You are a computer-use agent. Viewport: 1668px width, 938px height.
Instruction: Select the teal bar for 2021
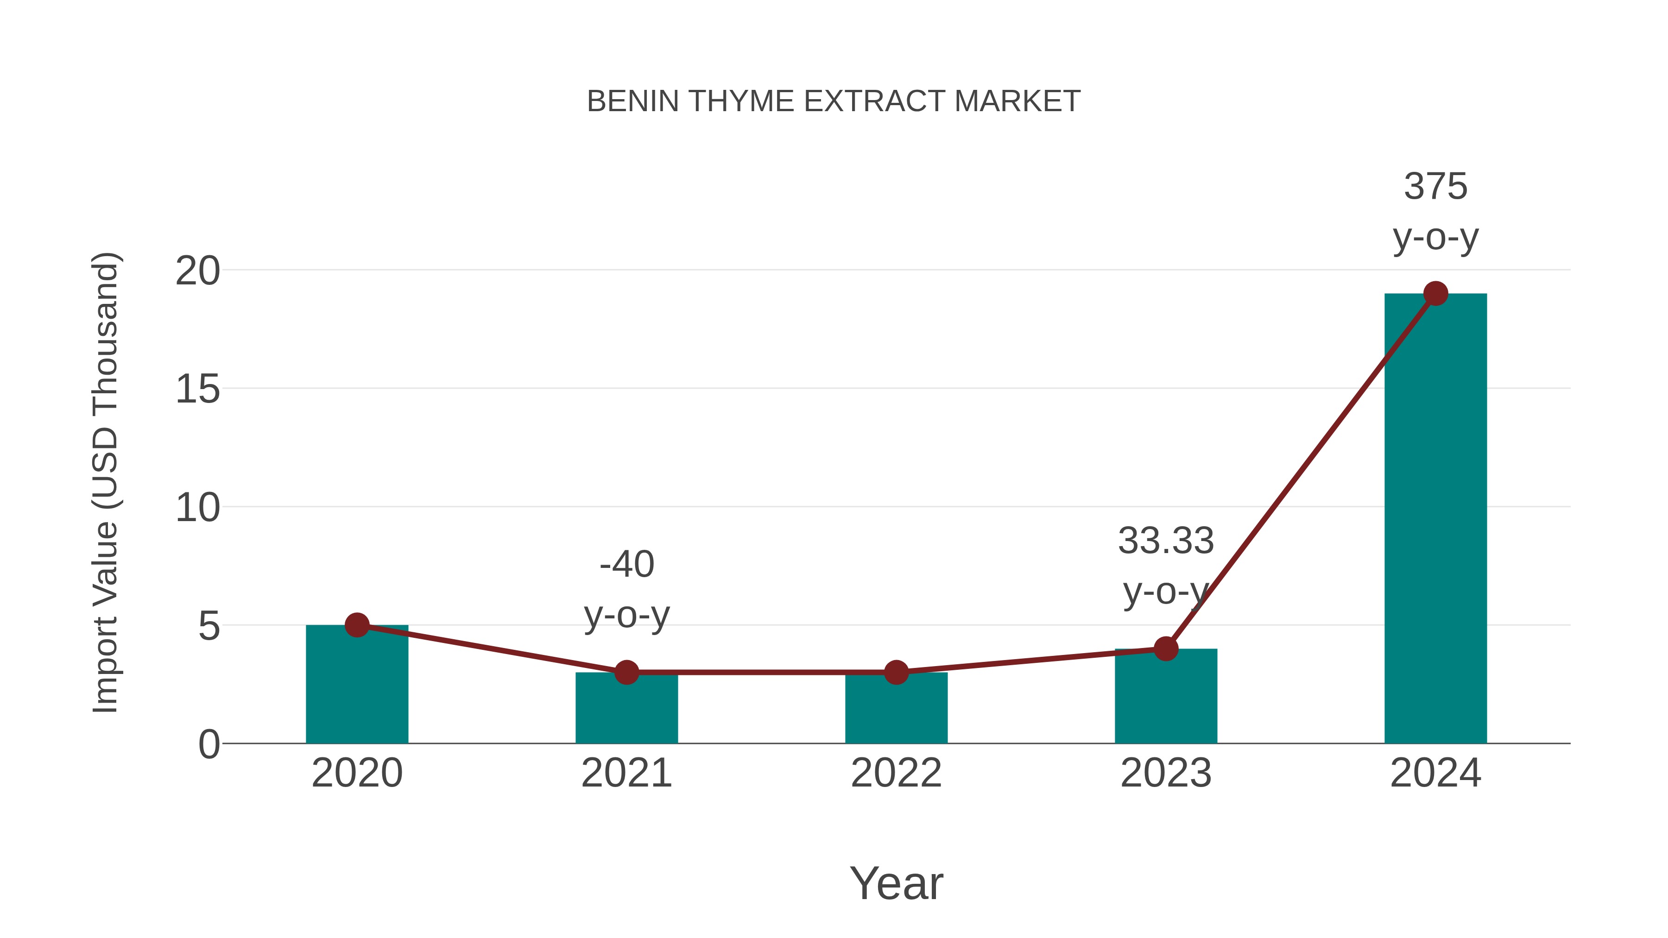626,712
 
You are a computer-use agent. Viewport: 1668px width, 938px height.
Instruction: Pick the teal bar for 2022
896,712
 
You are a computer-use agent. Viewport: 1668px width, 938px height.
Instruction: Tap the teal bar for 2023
1166,699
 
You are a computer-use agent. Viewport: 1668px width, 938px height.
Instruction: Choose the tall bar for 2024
1435,518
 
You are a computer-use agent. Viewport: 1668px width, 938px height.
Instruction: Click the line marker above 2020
357,625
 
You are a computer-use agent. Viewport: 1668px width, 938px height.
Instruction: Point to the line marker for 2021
626,673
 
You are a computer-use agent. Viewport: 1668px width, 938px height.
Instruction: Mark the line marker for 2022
896,673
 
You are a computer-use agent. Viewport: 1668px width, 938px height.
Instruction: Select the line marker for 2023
1166,648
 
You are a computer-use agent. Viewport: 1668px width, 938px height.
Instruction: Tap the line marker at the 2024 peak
1435,293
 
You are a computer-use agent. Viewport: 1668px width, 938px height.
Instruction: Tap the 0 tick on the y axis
208,744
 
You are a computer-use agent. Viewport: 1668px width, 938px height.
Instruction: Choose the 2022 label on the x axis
896,773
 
